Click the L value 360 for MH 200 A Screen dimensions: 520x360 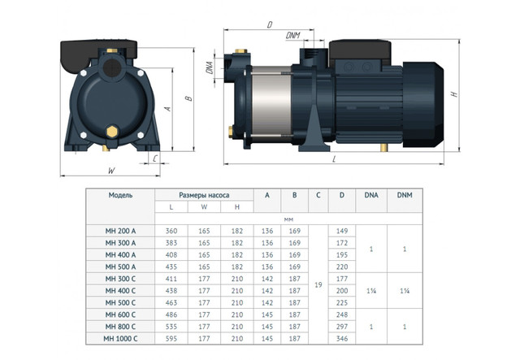pos(171,231)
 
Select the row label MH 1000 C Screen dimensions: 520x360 pos(120,339)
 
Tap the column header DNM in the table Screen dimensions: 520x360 pos(405,195)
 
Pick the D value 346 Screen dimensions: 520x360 pos(342,339)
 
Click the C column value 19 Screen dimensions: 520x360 pos(318,284)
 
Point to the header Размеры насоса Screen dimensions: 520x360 pos(204,195)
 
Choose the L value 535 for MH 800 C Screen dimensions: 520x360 pos(171,327)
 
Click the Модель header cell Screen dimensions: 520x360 pos(120,195)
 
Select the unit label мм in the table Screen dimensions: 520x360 pos(288,219)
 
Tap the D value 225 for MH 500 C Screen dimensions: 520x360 pos(342,303)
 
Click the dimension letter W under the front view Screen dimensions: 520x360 pos(112,171)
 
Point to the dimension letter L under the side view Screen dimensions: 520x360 pos(334,159)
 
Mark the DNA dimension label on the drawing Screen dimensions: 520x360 pos(210,67)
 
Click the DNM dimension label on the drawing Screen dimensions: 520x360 pos(292,35)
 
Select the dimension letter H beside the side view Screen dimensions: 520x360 pos(454,94)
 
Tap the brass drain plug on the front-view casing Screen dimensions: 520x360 pos(112,132)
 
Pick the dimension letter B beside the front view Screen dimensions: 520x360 pos(188,98)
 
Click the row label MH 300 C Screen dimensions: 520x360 pos(120,279)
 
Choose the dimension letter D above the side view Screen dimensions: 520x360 pos(270,24)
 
